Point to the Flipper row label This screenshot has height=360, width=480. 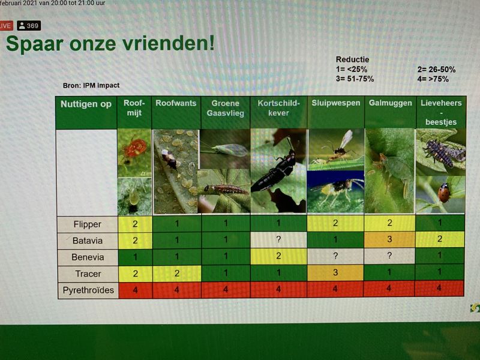(x=88, y=224)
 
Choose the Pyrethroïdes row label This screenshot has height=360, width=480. (x=88, y=290)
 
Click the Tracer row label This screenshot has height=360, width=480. (x=88, y=274)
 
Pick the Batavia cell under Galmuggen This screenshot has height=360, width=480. (x=389, y=239)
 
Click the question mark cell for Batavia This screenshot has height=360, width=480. (x=278, y=239)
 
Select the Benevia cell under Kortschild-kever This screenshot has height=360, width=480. (x=278, y=256)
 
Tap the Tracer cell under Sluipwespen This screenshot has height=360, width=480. (x=335, y=273)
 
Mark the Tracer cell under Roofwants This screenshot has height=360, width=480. (x=176, y=274)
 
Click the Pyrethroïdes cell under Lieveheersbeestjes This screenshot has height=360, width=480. (x=439, y=289)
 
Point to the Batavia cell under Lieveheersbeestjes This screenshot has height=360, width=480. (x=440, y=239)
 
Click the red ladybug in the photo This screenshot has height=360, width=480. (x=443, y=193)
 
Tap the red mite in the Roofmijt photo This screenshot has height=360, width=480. (x=134, y=148)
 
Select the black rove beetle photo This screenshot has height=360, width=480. (x=278, y=170)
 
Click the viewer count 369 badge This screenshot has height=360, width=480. (x=29, y=26)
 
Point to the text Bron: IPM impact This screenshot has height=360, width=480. (x=91, y=85)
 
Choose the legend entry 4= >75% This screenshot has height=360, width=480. (x=433, y=79)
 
